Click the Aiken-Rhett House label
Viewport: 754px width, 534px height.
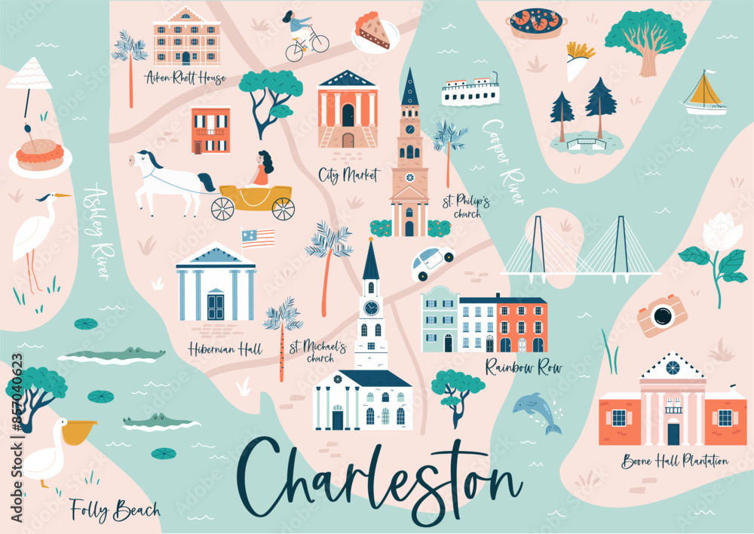point(185,78)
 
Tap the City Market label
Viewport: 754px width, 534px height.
point(349,176)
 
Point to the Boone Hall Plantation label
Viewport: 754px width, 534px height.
point(675,461)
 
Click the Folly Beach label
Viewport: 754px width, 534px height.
point(115,510)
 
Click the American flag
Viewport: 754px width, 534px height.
point(258,238)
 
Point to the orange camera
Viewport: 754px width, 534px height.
point(661,315)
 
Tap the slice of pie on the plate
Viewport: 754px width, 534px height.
point(376,31)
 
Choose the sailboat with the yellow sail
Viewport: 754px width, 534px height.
point(706,94)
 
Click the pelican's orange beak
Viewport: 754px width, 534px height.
point(78,431)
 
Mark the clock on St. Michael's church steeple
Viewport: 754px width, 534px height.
point(371,308)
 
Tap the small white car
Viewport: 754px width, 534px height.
point(433,262)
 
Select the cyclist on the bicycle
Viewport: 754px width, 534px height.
point(304,35)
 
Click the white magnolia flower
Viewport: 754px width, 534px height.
point(720,234)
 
